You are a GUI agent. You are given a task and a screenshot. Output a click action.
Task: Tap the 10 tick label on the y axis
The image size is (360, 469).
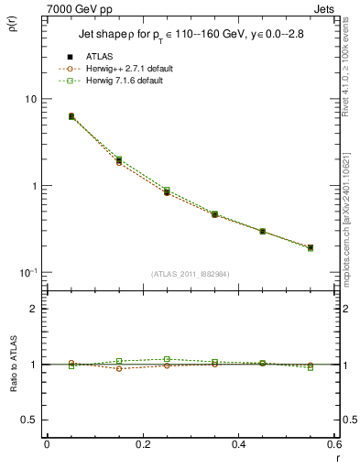(x=29, y=99)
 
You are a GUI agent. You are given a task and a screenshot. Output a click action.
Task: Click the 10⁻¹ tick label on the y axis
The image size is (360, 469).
(x=27, y=273)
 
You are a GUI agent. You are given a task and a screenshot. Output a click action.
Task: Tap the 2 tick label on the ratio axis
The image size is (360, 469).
(x=34, y=309)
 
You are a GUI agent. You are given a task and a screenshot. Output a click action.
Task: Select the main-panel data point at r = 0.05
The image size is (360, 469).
(x=71, y=116)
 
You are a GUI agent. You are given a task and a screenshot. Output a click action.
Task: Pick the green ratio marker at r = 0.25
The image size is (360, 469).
(x=167, y=359)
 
